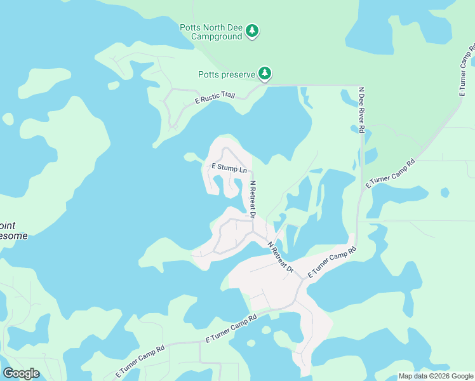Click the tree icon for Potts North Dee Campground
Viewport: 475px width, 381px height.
[x=252, y=30]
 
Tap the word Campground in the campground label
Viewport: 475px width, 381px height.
[x=217, y=37]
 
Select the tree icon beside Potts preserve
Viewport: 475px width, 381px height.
[x=265, y=74]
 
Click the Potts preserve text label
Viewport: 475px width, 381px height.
[x=225, y=74]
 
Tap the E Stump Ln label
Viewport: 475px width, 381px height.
[x=229, y=169]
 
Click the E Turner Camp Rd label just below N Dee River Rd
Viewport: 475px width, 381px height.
[x=390, y=173]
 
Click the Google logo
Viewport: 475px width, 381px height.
[x=21, y=373]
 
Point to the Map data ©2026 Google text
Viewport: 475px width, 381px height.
[x=435, y=376]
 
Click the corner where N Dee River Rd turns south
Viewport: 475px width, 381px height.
[x=359, y=86]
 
